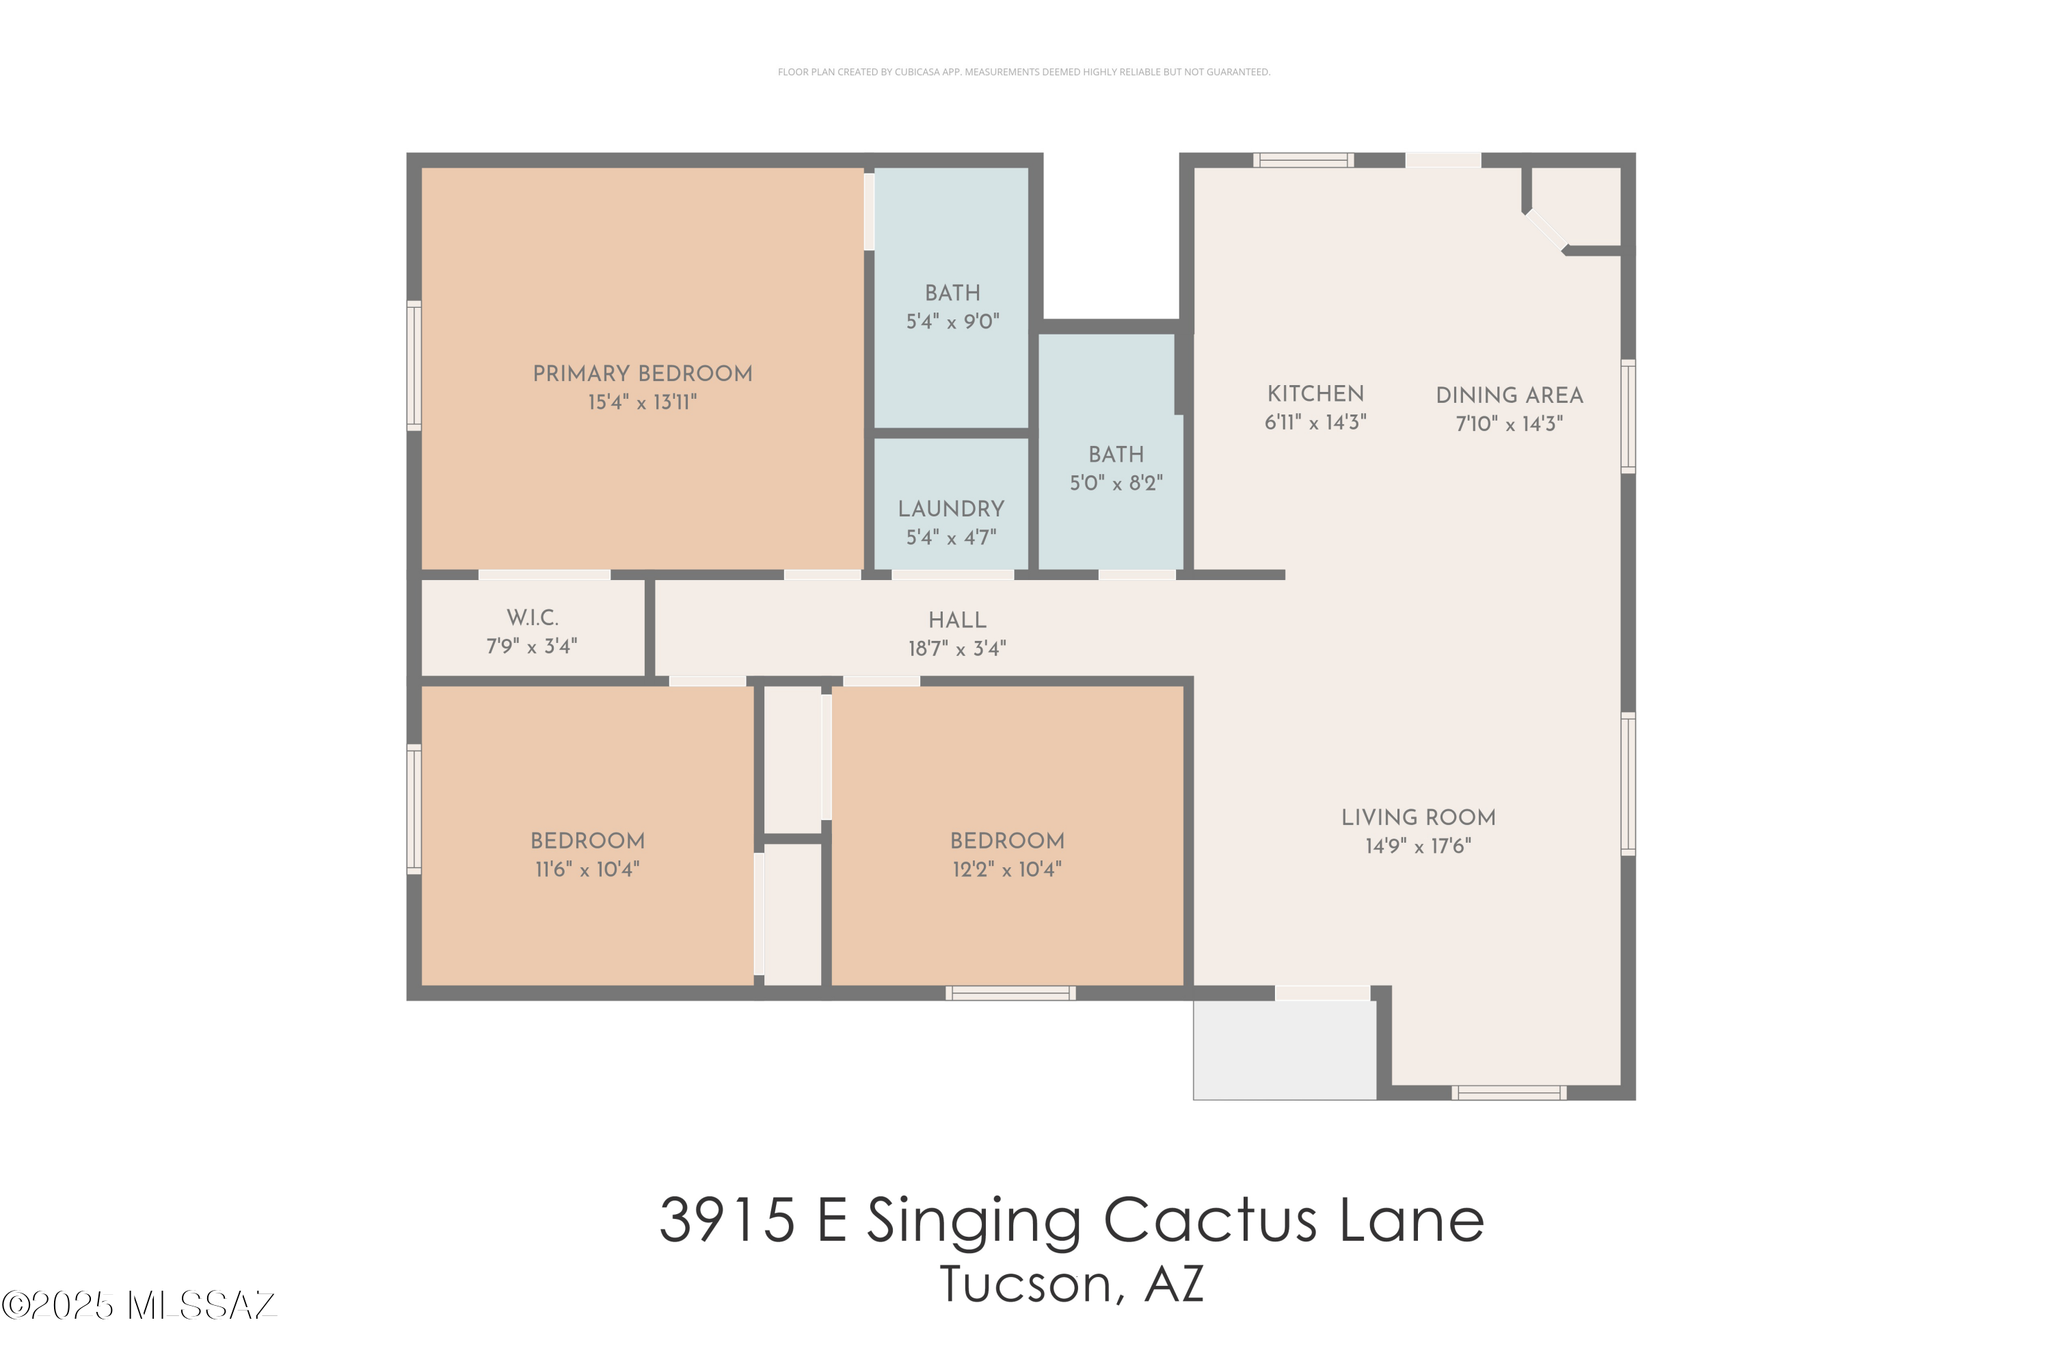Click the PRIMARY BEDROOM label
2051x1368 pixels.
tap(642, 373)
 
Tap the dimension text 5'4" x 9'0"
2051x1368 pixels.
tap(952, 322)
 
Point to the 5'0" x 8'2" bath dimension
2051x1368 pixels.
tap(1116, 484)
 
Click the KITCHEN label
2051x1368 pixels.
tap(1315, 393)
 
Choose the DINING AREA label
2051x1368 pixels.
tap(1509, 395)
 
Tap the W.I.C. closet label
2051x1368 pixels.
tap(532, 618)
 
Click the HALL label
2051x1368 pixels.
tap(956, 620)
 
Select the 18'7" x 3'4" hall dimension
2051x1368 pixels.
tap(956, 649)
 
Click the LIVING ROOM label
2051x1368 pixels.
tap(1418, 817)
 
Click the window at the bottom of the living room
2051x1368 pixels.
tap(1509, 1092)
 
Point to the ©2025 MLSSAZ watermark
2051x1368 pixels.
tap(139, 1306)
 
